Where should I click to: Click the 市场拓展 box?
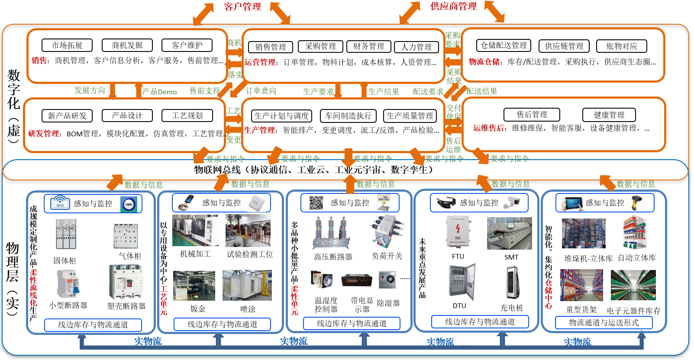click(67, 45)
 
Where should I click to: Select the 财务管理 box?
click(368, 46)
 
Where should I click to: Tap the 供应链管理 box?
click(564, 46)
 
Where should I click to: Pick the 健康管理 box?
click(609, 115)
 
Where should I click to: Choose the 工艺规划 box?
click(187, 116)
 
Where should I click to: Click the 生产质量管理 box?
click(410, 116)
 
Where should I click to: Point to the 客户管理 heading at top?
click(242, 6)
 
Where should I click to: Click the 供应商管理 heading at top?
click(453, 6)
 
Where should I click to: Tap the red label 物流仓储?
click(484, 62)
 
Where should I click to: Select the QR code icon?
click(316, 202)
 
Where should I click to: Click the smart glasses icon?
click(446, 202)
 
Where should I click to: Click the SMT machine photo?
click(510, 234)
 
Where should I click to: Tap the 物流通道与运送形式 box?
click(604, 322)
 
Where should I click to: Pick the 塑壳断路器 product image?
click(126, 282)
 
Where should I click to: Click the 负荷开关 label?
click(387, 256)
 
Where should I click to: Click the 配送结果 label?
click(481, 91)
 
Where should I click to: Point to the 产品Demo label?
click(159, 92)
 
